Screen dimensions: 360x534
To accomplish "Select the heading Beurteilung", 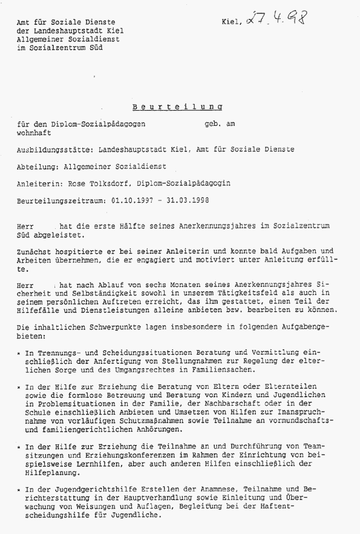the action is (177, 106).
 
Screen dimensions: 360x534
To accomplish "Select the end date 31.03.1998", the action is (186, 200).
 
